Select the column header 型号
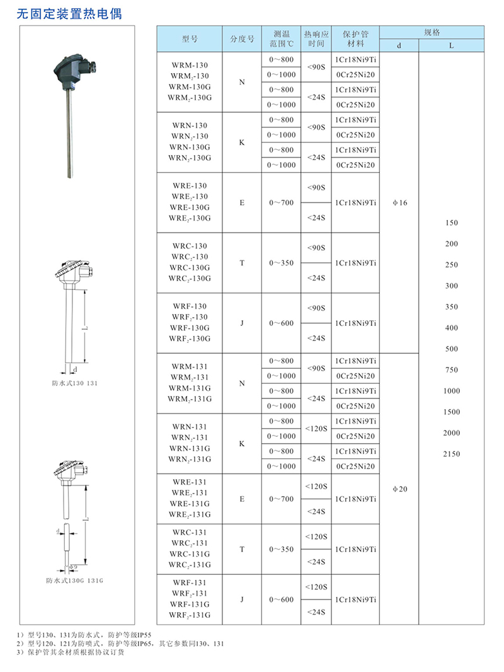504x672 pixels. [x=190, y=39]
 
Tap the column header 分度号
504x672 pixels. [x=242, y=39]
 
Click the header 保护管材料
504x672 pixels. [x=355, y=39]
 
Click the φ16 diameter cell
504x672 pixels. [x=399, y=203]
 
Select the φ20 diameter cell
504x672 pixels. [x=399, y=489]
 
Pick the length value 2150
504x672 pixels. [x=452, y=454]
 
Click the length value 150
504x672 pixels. [x=452, y=223]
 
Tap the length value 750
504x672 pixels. [x=452, y=370]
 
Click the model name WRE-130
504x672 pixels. [x=189, y=186]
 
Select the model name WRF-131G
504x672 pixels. [x=189, y=605]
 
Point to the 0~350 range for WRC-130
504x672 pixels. [x=281, y=263]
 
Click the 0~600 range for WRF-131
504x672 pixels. [x=281, y=600]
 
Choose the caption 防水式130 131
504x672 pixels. [x=75, y=383]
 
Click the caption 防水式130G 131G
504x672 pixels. [x=74, y=579]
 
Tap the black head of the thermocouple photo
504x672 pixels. [x=71, y=69]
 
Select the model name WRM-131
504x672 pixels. [x=189, y=366]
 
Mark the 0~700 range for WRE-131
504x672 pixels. [x=281, y=499]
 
